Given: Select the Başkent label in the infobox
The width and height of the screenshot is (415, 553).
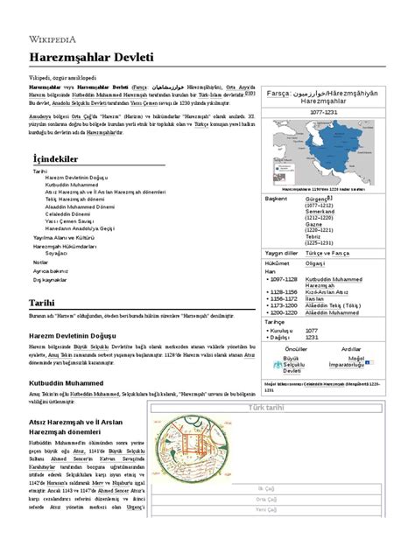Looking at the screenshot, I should click(277, 199).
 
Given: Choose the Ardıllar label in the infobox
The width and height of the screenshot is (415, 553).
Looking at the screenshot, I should click(374, 347).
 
